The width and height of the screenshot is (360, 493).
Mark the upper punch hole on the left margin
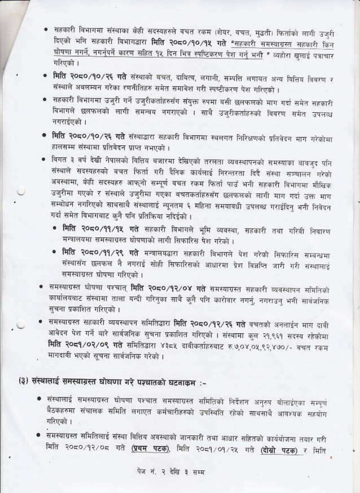pos(21,192)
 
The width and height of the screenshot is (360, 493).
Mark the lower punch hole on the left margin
pos(21,325)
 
